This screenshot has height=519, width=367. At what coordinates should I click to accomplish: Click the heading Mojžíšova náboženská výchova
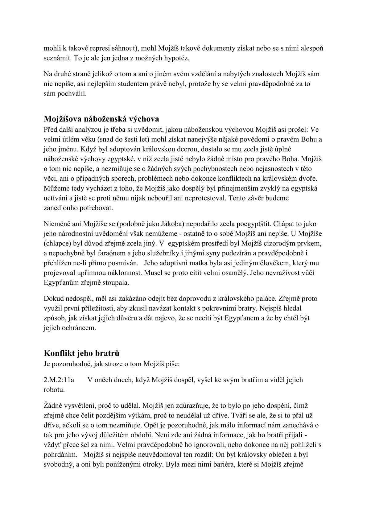coord(101,119)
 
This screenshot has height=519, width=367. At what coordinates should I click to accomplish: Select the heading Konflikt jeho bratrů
coord(81,353)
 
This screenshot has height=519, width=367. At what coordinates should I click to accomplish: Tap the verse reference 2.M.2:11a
coord(59,380)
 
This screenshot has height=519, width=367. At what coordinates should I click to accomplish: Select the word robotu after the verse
coord(54,389)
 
